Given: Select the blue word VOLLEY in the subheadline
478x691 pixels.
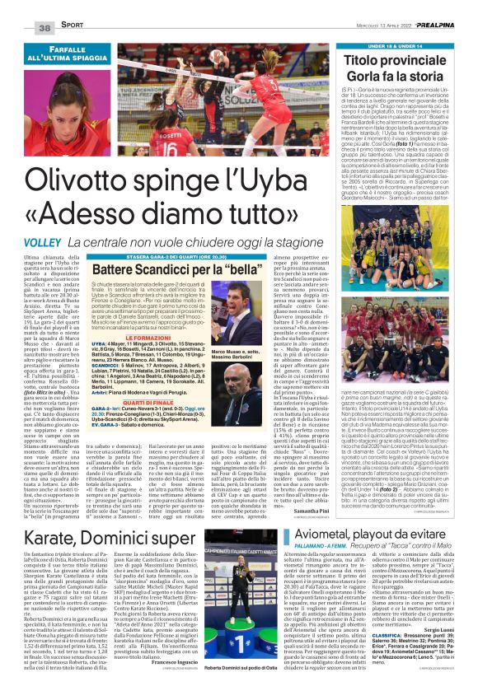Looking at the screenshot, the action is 42,219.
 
